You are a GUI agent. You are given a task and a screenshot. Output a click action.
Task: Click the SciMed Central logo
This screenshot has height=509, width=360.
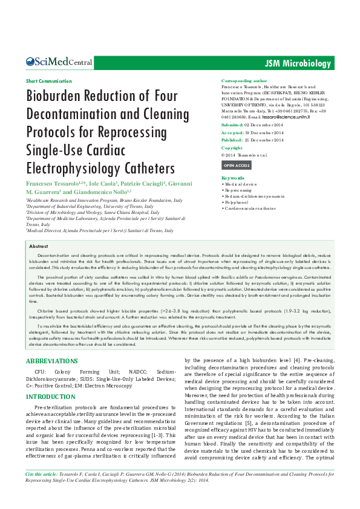tap(59, 62)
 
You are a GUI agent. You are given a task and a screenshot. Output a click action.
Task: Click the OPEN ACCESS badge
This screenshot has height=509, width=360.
tap(236, 165)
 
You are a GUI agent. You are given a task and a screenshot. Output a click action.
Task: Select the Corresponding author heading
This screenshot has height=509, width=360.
tap(244, 80)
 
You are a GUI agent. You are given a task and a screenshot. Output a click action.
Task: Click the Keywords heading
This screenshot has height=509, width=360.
tap(233, 178)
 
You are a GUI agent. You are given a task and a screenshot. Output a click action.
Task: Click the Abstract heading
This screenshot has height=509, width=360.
tap(39, 247)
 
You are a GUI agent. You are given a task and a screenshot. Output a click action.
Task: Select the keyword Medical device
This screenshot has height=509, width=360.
tap(241, 184)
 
